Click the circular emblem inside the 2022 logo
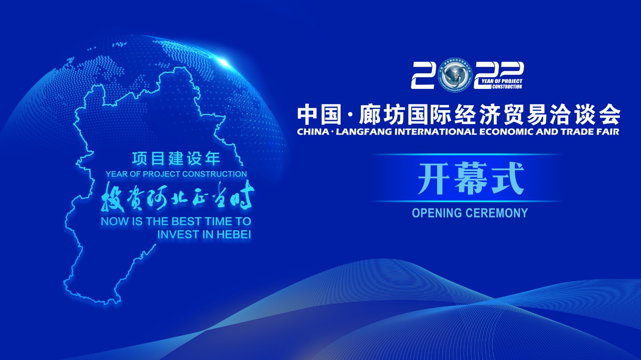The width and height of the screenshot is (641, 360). click(x=454, y=75)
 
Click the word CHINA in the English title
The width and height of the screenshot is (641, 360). click(x=313, y=132)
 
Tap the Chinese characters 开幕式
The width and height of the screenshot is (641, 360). click(x=470, y=179)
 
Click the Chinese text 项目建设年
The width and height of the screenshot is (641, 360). click(x=176, y=159)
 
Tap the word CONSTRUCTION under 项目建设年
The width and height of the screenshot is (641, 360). click(x=215, y=174)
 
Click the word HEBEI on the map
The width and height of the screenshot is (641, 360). click(x=233, y=234)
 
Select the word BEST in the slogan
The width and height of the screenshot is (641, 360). click(x=187, y=221)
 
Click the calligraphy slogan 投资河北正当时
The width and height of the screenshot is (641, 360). click(x=177, y=197)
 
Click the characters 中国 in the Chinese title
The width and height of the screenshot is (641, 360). click(x=319, y=115)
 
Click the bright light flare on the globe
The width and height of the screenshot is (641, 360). click(x=223, y=61)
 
